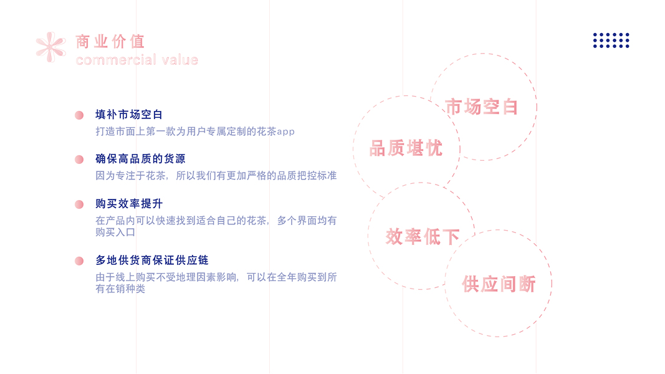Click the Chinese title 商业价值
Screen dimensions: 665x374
pyautogui.click(x=110, y=42)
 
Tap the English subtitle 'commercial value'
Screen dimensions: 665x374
pyautogui.click(x=136, y=60)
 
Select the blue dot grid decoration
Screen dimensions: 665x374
pyautogui.click(x=611, y=41)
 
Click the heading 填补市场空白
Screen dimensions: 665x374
pyautogui.click(x=129, y=115)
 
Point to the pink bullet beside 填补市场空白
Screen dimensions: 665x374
pyautogui.click(x=79, y=115)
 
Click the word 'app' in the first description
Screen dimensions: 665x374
pyautogui.click(x=285, y=132)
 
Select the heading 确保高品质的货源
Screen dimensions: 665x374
pyautogui.click(x=140, y=159)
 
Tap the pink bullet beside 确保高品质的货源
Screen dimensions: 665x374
pyautogui.click(x=79, y=160)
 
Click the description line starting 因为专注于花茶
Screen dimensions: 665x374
pyautogui.click(x=216, y=176)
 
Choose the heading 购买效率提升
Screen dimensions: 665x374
pyautogui.click(x=129, y=204)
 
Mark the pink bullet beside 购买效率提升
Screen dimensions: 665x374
pyautogui.click(x=79, y=204)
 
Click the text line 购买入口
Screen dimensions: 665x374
pyautogui.click(x=115, y=232)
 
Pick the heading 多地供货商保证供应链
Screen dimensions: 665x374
pyautogui.click(x=151, y=260)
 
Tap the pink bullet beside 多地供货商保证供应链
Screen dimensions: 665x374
pyautogui.click(x=79, y=261)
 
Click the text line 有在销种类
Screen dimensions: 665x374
pyautogui.click(x=120, y=289)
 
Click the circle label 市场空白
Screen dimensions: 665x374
pyautogui.click(x=482, y=107)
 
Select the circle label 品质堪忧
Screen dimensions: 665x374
pyautogui.click(x=406, y=148)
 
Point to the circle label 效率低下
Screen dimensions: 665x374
pyautogui.click(x=423, y=237)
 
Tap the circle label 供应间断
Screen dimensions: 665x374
pyautogui.click(x=499, y=284)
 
